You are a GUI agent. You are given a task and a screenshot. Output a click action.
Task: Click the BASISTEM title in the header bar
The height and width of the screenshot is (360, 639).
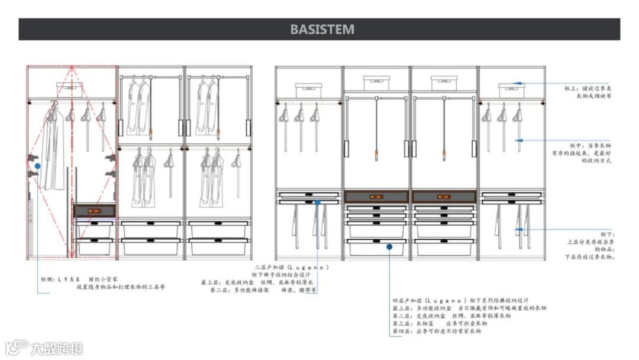pyautogui.click(x=322, y=30)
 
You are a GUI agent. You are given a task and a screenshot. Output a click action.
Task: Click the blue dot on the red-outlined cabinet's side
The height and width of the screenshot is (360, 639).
pyautogui.click(x=37, y=166)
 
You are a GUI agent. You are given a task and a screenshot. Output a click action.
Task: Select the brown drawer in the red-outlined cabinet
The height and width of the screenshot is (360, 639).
pyautogui.click(x=94, y=210)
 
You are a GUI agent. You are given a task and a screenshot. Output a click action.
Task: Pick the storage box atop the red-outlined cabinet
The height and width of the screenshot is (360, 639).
pyautogui.click(x=70, y=89)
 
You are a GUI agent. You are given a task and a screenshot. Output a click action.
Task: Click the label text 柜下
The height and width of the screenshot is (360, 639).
pyautogui.click(x=608, y=234)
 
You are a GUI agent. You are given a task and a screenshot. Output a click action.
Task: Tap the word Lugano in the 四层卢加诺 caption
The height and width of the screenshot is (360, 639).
pyautogui.click(x=446, y=300)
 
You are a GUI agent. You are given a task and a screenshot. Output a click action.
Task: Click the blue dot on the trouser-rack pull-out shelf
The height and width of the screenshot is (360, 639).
pyautogui.click(x=318, y=202)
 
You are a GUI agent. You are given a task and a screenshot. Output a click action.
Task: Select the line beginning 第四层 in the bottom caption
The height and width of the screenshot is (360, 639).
pyautogui.click(x=437, y=331)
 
